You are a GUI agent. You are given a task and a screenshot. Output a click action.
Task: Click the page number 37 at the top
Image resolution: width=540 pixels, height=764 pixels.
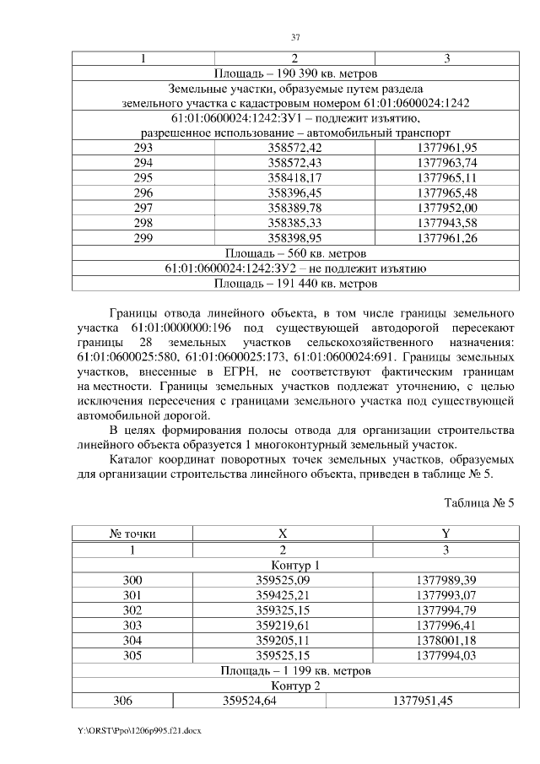click(x=295, y=37)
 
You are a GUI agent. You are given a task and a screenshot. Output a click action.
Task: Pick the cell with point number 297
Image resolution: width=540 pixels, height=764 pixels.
click(x=143, y=208)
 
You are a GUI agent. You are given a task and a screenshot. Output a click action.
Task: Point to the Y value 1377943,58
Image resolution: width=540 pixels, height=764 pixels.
click(x=447, y=223)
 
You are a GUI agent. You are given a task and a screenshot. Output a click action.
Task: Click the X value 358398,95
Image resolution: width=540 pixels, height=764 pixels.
click(x=294, y=238)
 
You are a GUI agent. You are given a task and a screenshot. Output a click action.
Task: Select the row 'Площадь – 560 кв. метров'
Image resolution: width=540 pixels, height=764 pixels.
click(x=294, y=253)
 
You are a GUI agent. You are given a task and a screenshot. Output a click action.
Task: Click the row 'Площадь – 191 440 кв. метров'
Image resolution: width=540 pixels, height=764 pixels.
click(x=294, y=283)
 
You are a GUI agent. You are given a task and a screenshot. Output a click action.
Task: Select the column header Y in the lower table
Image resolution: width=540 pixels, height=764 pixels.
click(x=445, y=534)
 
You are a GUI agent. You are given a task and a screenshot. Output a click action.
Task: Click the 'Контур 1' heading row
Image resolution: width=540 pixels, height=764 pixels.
click(x=294, y=565)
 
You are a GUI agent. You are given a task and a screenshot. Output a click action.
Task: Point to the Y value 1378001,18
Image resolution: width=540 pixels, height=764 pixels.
click(x=445, y=640)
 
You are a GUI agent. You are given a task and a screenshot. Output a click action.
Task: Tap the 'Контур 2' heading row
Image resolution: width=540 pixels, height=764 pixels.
click(x=294, y=685)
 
